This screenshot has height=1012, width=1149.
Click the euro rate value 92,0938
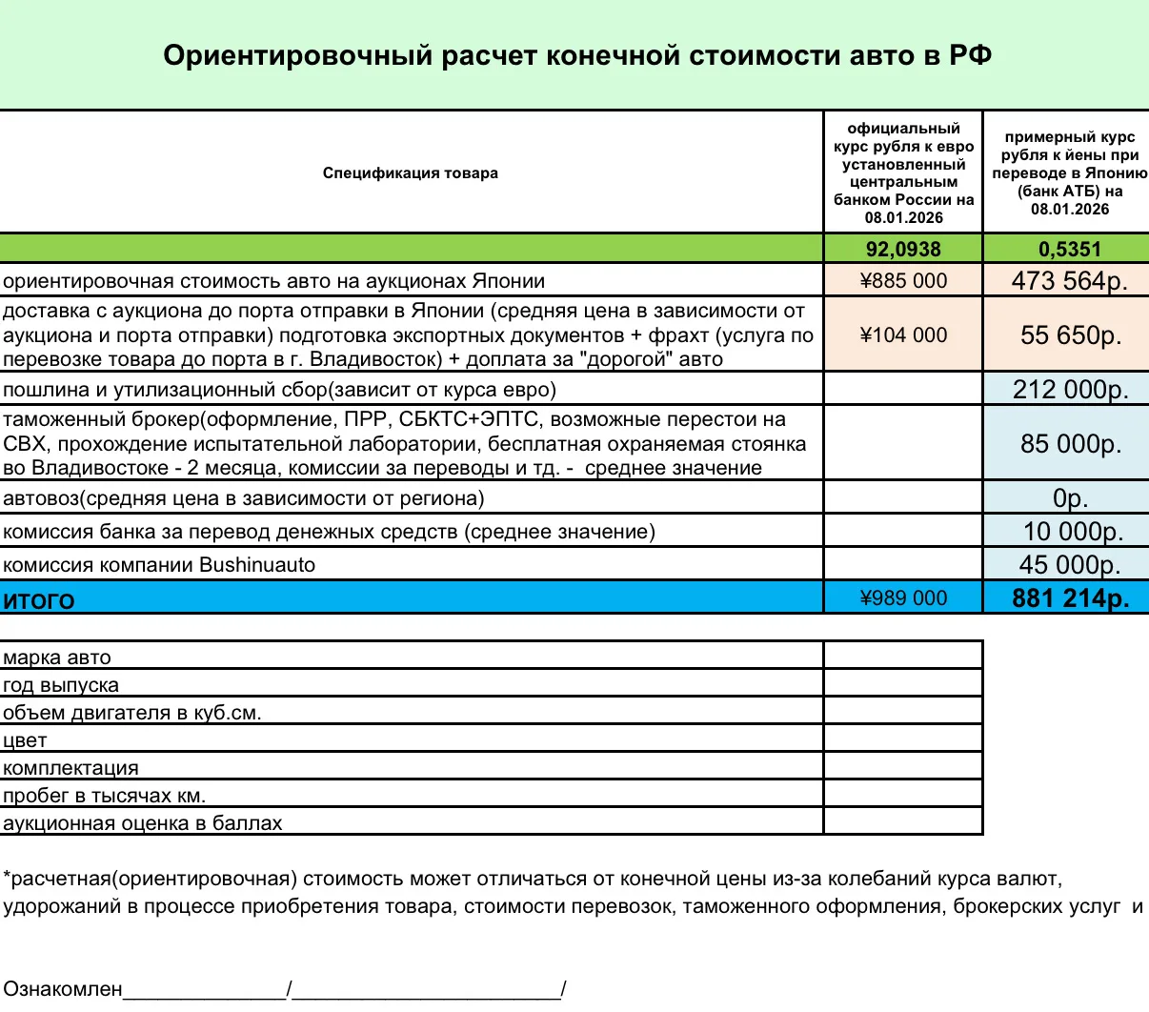903,250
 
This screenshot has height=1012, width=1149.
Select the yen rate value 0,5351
1070,250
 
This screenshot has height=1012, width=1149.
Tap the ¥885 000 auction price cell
903,281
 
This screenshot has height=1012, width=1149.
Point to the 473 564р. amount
1070,281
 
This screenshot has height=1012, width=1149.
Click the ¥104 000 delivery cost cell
903,335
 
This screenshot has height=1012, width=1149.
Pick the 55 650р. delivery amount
1070,335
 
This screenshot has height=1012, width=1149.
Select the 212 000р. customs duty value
1070,390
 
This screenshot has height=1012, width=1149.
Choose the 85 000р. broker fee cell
1070,444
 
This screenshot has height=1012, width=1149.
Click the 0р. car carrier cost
1070,498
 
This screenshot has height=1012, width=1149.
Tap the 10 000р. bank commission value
1070,532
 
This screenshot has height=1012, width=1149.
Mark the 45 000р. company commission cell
1070,565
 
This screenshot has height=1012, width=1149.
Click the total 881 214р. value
1070,598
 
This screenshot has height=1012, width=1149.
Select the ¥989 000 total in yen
903,598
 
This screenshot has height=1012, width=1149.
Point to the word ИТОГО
39,600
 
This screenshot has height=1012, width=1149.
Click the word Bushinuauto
256,565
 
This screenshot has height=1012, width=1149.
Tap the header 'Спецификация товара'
410,173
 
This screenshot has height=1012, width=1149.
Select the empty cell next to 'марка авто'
903,656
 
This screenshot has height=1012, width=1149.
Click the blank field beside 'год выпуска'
903,683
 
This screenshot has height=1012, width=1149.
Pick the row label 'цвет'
25,740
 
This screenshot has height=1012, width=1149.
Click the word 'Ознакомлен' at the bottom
63,989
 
